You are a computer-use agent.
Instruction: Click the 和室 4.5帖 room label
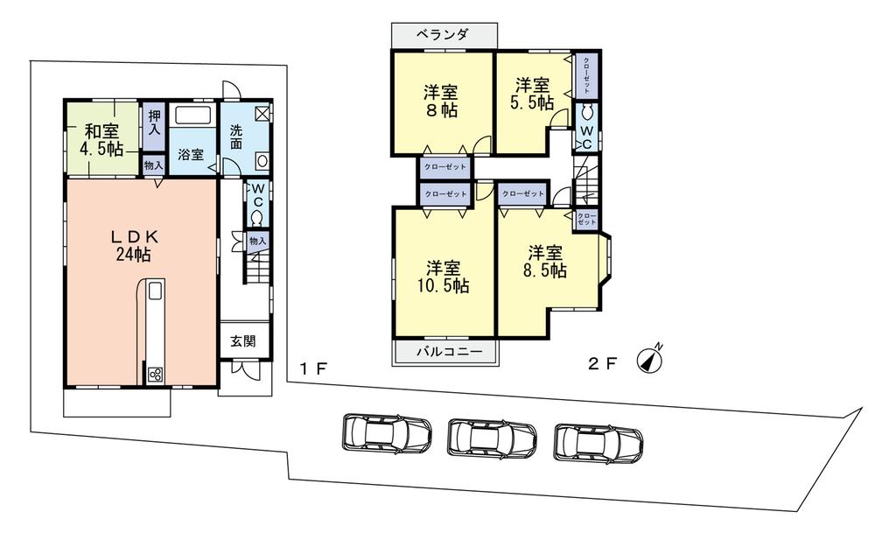[x=102, y=140]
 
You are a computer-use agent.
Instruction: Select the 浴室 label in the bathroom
[x=192, y=154]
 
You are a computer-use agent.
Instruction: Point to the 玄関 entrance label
[x=243, y=341]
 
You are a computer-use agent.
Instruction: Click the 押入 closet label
[x=154, y=121]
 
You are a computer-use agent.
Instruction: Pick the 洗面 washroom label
[x=236, y=137]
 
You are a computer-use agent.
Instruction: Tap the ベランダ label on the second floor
[x=444, y=35]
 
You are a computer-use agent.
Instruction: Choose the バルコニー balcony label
[x=444, y=352]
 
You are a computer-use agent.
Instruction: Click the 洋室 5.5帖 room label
[x=533, y=94]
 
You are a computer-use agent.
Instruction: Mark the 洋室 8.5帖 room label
[x=545, y=262]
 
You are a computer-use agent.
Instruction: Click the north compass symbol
[x=649, y=357]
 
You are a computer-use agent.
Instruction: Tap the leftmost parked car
[x=385, y=432]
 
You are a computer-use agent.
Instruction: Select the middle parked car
[x=492, y=437]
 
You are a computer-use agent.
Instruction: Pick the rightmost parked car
[x=598, y=442]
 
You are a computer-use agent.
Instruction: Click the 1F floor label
[x=313, y=368]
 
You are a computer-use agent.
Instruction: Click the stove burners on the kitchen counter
[x=155, y=375]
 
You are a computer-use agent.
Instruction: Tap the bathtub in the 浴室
[x=191, y=116]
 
